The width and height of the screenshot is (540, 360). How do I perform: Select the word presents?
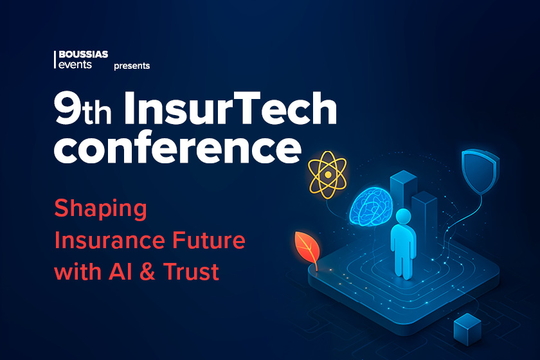132,66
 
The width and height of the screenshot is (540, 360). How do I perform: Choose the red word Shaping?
100,210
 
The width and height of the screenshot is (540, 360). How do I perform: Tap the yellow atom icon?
327,174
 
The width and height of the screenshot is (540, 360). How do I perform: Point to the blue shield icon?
479,170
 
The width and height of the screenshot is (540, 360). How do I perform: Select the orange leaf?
306,248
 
